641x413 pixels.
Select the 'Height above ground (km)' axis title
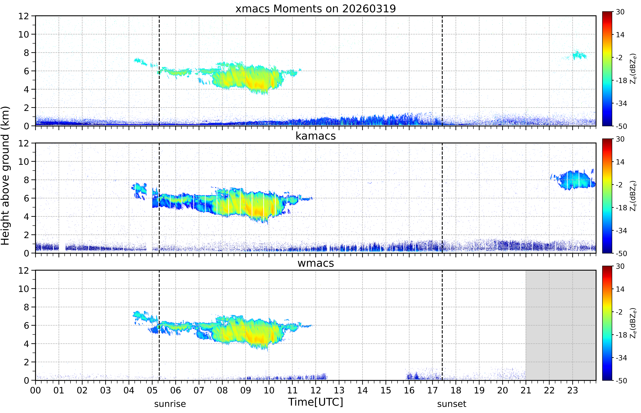(5, 176)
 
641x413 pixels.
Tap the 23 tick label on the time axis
(573, 390)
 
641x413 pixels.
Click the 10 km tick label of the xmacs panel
(24, 34)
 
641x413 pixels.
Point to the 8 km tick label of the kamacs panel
(26, 180)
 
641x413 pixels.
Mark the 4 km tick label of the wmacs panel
(26, 344)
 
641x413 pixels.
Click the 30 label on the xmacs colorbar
(620, 12)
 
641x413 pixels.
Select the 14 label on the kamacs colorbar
(620, 162)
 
